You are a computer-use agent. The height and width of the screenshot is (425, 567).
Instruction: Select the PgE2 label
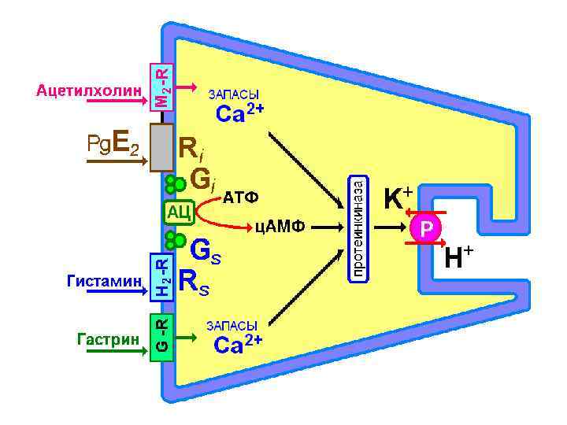point(113,144)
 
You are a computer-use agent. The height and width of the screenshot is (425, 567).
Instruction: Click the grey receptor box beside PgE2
point(162,146)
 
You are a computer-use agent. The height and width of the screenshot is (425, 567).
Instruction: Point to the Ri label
point(191,147)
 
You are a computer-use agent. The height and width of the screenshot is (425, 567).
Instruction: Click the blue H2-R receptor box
point(161,275)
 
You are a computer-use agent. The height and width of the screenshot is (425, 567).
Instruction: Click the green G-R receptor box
point(161,337)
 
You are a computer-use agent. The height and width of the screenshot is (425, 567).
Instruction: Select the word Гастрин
point(108,338)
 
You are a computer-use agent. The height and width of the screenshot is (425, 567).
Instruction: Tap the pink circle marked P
point(426,228)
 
